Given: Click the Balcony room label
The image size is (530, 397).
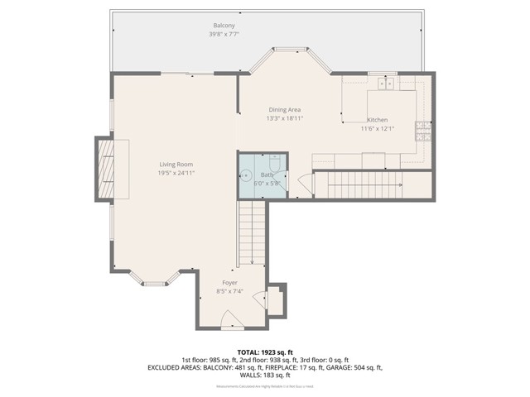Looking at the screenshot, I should [224, 26].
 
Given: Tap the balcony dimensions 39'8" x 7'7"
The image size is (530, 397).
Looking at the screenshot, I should [224, 36].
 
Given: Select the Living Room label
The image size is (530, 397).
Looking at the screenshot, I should [176, 164].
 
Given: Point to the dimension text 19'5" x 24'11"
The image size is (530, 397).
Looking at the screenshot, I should [176, 173].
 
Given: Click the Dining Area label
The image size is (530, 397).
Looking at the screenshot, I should [284, 109].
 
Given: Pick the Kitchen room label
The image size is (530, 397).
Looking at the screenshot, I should [378, 120].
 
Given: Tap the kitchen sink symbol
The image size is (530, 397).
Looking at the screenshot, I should [386, 84].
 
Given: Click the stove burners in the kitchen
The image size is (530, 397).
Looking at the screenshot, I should [422, 130].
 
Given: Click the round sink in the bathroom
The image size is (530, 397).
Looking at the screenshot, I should [247, 175].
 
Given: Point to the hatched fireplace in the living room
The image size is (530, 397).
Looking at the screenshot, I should [105, 170].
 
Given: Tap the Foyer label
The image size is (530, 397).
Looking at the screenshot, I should [229, 283].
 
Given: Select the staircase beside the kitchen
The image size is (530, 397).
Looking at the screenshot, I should [364, 184].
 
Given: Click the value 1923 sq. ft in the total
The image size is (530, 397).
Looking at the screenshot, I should [278, 352].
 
